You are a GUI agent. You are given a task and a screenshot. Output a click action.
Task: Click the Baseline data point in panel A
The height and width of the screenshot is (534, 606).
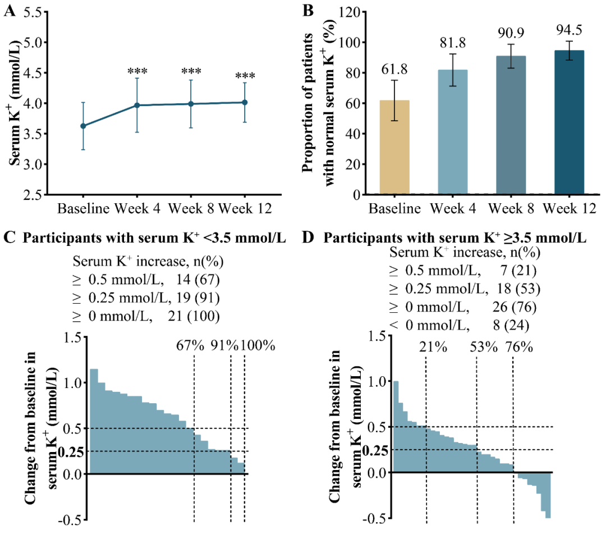(x=83, y=126)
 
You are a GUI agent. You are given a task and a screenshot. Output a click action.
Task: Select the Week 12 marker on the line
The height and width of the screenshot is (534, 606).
(x=245, y=102)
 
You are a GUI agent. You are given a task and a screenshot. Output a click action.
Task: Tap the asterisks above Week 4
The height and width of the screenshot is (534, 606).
(x=137, y=72)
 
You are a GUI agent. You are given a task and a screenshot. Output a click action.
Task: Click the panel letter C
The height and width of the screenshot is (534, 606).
(x=9, y=238)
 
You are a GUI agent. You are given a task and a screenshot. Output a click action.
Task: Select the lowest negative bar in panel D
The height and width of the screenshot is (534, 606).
(x=548, y=495)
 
